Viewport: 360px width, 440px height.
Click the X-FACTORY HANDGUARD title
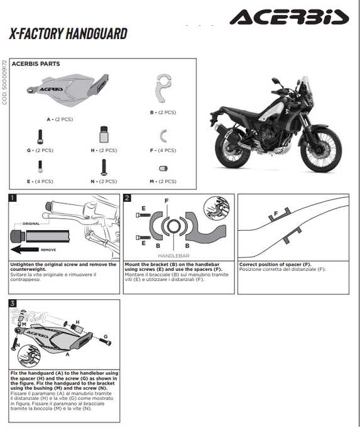coord(68,34)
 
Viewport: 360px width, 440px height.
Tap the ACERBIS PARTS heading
coord(36,64)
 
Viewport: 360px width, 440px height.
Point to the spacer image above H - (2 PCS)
coord(104,136)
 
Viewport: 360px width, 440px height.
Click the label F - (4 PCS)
coord(166,151)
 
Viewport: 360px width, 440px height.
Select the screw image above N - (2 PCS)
coord(103,167)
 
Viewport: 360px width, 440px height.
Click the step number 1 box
coord(14,199)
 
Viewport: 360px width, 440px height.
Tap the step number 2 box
coord(128,199)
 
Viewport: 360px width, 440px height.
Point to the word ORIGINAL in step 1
coord(31,223)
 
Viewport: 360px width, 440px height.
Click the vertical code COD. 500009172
coord(4,82)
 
